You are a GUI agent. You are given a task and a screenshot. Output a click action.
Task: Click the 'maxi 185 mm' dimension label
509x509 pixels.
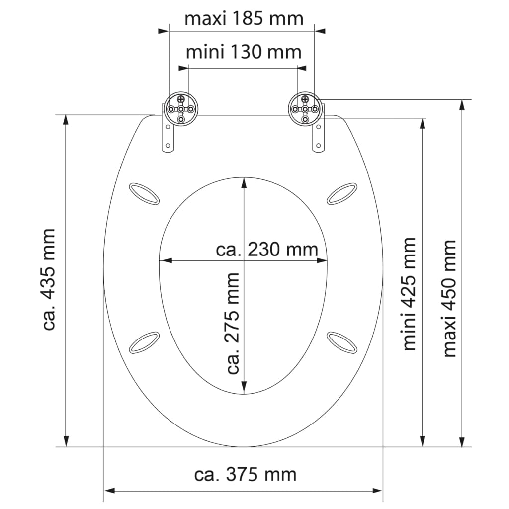(x=244, y=18)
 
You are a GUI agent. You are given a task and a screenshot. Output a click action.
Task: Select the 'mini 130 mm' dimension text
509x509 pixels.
(x=244, y=51)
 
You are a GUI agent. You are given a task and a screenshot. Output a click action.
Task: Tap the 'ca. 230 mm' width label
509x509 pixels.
(x=267, y=249)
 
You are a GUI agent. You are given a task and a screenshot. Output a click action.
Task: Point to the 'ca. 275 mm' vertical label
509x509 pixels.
(x=233, y=323)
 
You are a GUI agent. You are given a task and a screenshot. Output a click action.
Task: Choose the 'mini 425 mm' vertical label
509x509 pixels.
(x=409, y=294)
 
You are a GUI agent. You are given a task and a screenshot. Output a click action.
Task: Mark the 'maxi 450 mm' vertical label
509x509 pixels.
(x=449, y=298)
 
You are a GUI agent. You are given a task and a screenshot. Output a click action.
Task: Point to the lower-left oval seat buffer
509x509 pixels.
(x=144, y=342)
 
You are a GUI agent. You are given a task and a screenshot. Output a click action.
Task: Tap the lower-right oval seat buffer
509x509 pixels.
(x=342, y=342)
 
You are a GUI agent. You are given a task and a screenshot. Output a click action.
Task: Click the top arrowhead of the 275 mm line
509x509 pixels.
(x=244, y=182)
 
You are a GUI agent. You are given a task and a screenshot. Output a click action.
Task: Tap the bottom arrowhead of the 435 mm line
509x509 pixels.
(x=66, y=441)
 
